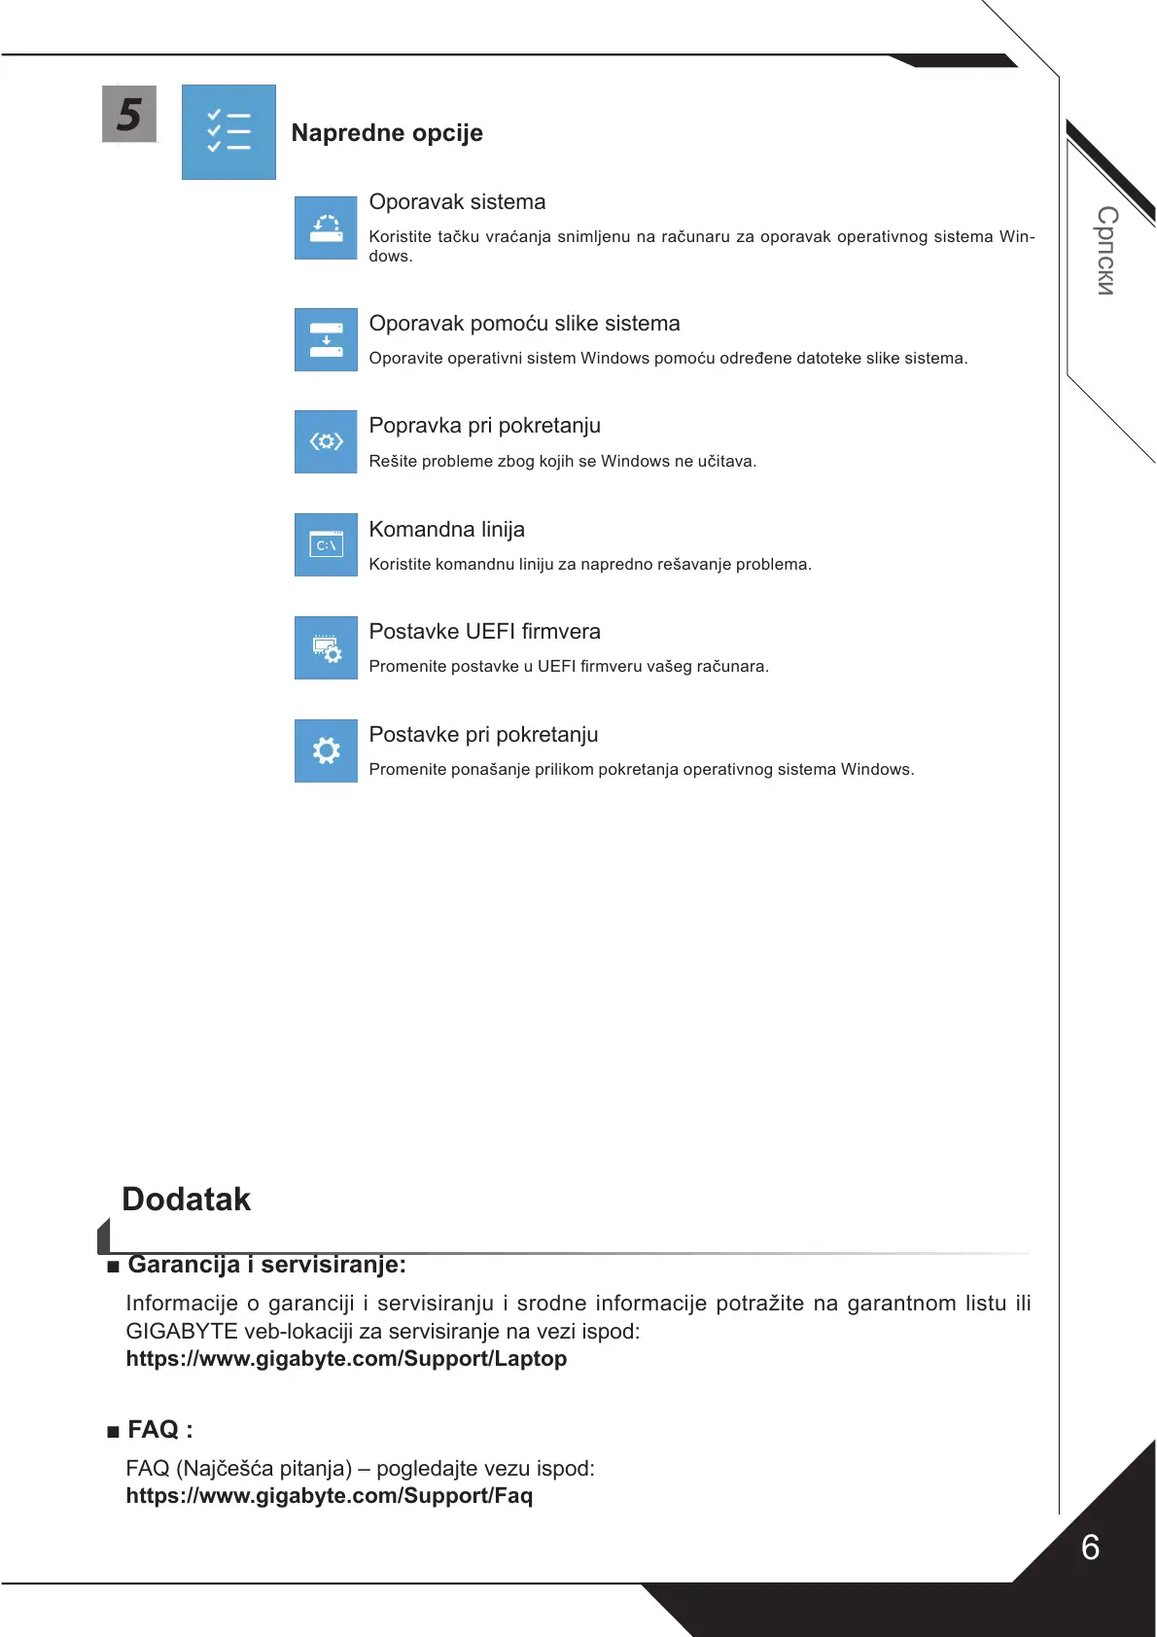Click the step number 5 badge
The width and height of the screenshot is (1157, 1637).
(129, 114)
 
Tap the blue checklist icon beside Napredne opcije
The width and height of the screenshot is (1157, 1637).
(228, 132)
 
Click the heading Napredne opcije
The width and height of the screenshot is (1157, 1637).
(387, 133)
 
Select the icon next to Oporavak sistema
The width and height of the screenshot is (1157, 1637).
(326, 227)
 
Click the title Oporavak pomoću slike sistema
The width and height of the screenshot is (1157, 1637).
(524, 324)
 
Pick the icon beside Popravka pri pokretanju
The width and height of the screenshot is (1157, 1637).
(326, 441)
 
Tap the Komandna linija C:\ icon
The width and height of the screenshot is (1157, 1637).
(326, 544)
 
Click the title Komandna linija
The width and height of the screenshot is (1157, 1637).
(446, 530)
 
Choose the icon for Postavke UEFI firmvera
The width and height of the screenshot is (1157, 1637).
(326, 647)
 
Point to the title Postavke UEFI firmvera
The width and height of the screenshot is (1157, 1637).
(484, 632)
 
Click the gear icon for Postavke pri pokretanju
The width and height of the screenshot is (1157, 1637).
(326, 750)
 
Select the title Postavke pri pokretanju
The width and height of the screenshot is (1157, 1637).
(483, 735)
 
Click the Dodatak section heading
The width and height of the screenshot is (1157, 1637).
(186, 1200)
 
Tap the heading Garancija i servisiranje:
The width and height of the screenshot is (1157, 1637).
(266, 1265)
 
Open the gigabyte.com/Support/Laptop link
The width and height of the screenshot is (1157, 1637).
(346, 1359)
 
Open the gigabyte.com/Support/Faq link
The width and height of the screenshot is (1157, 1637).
(329, 1496)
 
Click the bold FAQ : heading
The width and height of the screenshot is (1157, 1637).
(159, 1430)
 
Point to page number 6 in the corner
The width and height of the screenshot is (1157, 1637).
(1090, 1548)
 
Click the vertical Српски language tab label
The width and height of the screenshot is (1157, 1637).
(1106, 250)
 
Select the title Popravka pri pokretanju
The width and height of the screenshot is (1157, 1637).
(484, 426)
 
